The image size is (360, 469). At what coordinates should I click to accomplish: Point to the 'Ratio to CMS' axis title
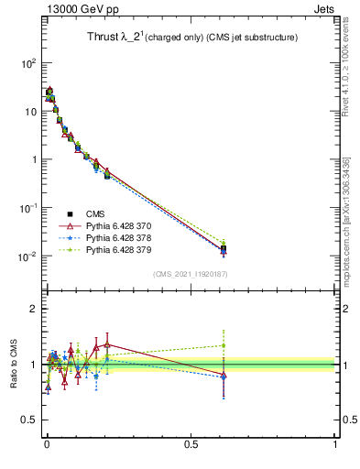15,364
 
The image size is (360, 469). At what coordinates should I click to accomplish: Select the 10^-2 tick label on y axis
28,256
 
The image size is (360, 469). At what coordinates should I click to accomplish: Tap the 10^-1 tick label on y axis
28,208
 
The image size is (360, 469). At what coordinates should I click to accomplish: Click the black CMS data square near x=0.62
224,248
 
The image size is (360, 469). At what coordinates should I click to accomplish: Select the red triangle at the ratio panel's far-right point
224,376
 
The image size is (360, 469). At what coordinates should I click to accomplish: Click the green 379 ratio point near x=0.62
224,345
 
